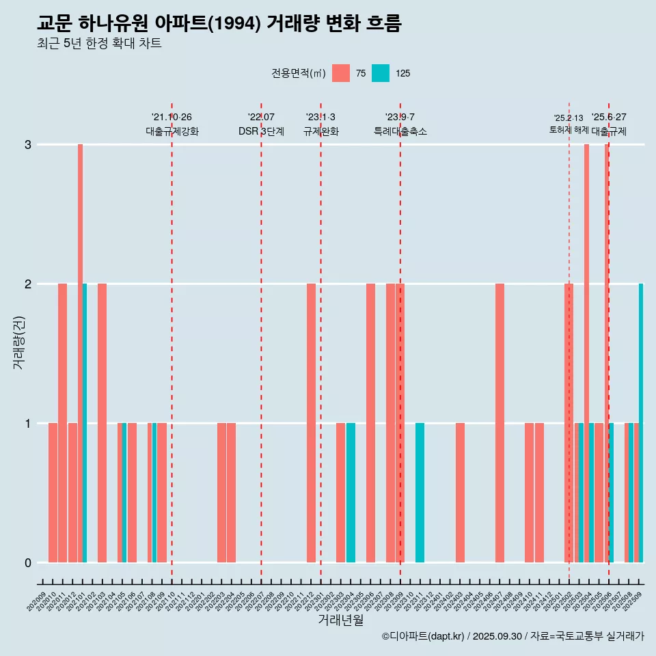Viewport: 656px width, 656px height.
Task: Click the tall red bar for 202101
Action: [x=80, y=353]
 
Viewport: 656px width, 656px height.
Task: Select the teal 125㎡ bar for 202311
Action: [x=420, y=493]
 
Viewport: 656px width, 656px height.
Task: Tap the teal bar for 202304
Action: [x=351, y=493]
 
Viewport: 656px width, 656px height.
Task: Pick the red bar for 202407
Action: [x=500, y=423]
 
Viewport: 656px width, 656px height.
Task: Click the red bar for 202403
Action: [x=460, y=493]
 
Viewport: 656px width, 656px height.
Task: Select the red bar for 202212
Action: [x=311, y=423]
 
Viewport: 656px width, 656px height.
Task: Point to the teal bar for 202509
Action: [x=641, y=423]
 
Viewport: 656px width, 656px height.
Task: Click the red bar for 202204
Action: [x=232, y=493]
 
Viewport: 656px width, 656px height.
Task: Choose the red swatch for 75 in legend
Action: [x=340, y=73]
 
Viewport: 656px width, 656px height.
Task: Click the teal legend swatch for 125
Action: [x=381, y=73]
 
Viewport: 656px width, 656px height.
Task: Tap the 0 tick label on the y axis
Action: [x=28, y=563]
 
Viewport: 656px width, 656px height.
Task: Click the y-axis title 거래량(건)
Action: [x=19, y=342]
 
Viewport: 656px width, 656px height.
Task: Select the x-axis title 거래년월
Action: [x=340, y=620]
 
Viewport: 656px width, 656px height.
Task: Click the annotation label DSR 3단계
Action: [x=261, y=131]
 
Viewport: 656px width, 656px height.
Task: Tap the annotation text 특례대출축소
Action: [x=400, y=131]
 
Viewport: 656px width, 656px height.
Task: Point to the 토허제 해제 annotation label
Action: [x=569, y=129]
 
